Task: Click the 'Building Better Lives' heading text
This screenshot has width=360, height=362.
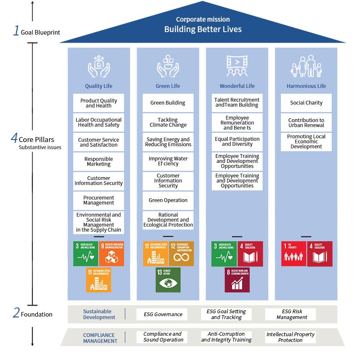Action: click(x=203, y=29)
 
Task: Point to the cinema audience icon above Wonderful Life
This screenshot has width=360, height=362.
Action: click(x=237, y=66)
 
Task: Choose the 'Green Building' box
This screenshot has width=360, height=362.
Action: click(x=168, y=103)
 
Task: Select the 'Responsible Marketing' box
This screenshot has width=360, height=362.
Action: click(x=99, y=162)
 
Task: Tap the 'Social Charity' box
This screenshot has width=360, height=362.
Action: click(x=306, y=103)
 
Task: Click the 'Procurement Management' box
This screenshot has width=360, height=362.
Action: click(x=99, y=200)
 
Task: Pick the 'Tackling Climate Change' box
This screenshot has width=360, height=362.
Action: click(x=168, y=122)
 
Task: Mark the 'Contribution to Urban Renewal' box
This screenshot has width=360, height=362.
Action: click(x=306, y=123)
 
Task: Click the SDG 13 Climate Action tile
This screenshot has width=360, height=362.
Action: click(x=168, y=280)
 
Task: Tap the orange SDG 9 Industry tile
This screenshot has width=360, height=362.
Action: click(x=112, y=254)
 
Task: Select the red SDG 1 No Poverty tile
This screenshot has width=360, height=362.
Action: click(x=294, y=254)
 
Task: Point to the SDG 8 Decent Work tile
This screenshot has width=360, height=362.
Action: click(x=237, y=280)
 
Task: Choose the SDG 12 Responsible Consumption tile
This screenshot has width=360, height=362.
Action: click(x=181, y=254)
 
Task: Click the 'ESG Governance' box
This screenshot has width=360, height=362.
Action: click(x=162, y=315)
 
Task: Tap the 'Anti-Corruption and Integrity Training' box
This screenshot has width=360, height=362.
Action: click(x=226, y=337)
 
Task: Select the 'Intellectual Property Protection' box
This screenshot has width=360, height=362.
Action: click(x=290, y=337)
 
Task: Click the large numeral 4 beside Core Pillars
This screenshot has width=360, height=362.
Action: click(x=14, y=138)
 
